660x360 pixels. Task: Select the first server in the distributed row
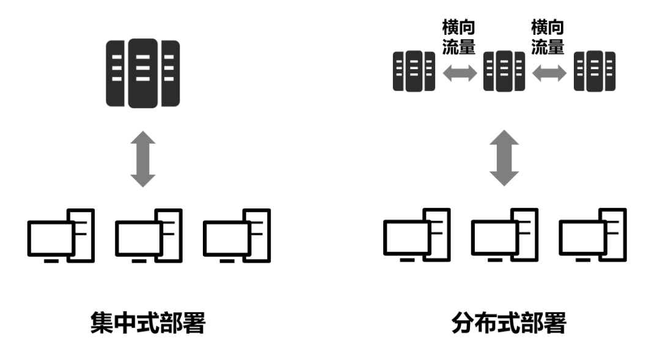414,72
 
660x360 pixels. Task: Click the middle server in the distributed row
504,72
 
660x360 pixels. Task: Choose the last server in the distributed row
595,72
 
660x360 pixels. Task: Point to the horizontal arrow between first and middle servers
459,74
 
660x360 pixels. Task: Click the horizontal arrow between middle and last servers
549,74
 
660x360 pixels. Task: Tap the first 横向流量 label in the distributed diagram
459,37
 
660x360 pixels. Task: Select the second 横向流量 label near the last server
548,37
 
